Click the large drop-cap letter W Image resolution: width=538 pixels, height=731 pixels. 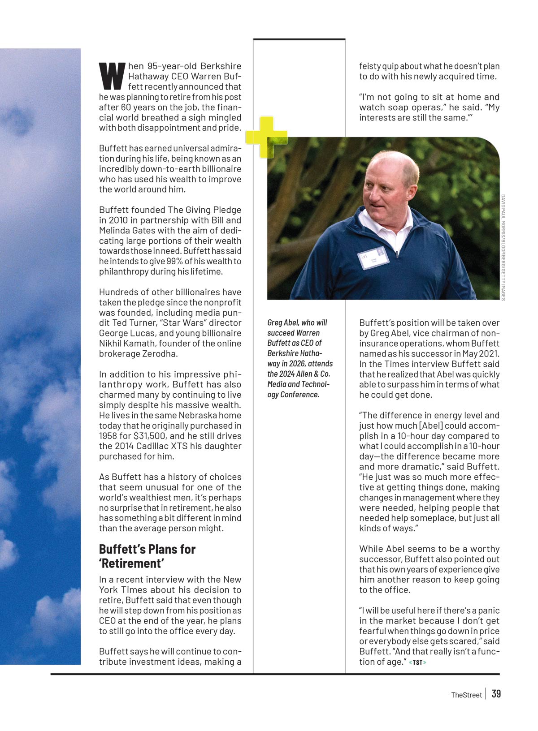coord(111,76)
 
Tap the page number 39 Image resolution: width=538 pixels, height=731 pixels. coord(496,694)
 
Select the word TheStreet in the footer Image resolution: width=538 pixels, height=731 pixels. coord(466,695)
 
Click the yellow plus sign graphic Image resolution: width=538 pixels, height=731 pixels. coord(266,137)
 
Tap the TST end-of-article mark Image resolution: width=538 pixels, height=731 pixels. coord(417,662)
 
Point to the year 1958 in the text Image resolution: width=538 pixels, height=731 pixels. coord(109,436)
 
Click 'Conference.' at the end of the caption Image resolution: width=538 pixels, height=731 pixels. coord(300,395)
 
